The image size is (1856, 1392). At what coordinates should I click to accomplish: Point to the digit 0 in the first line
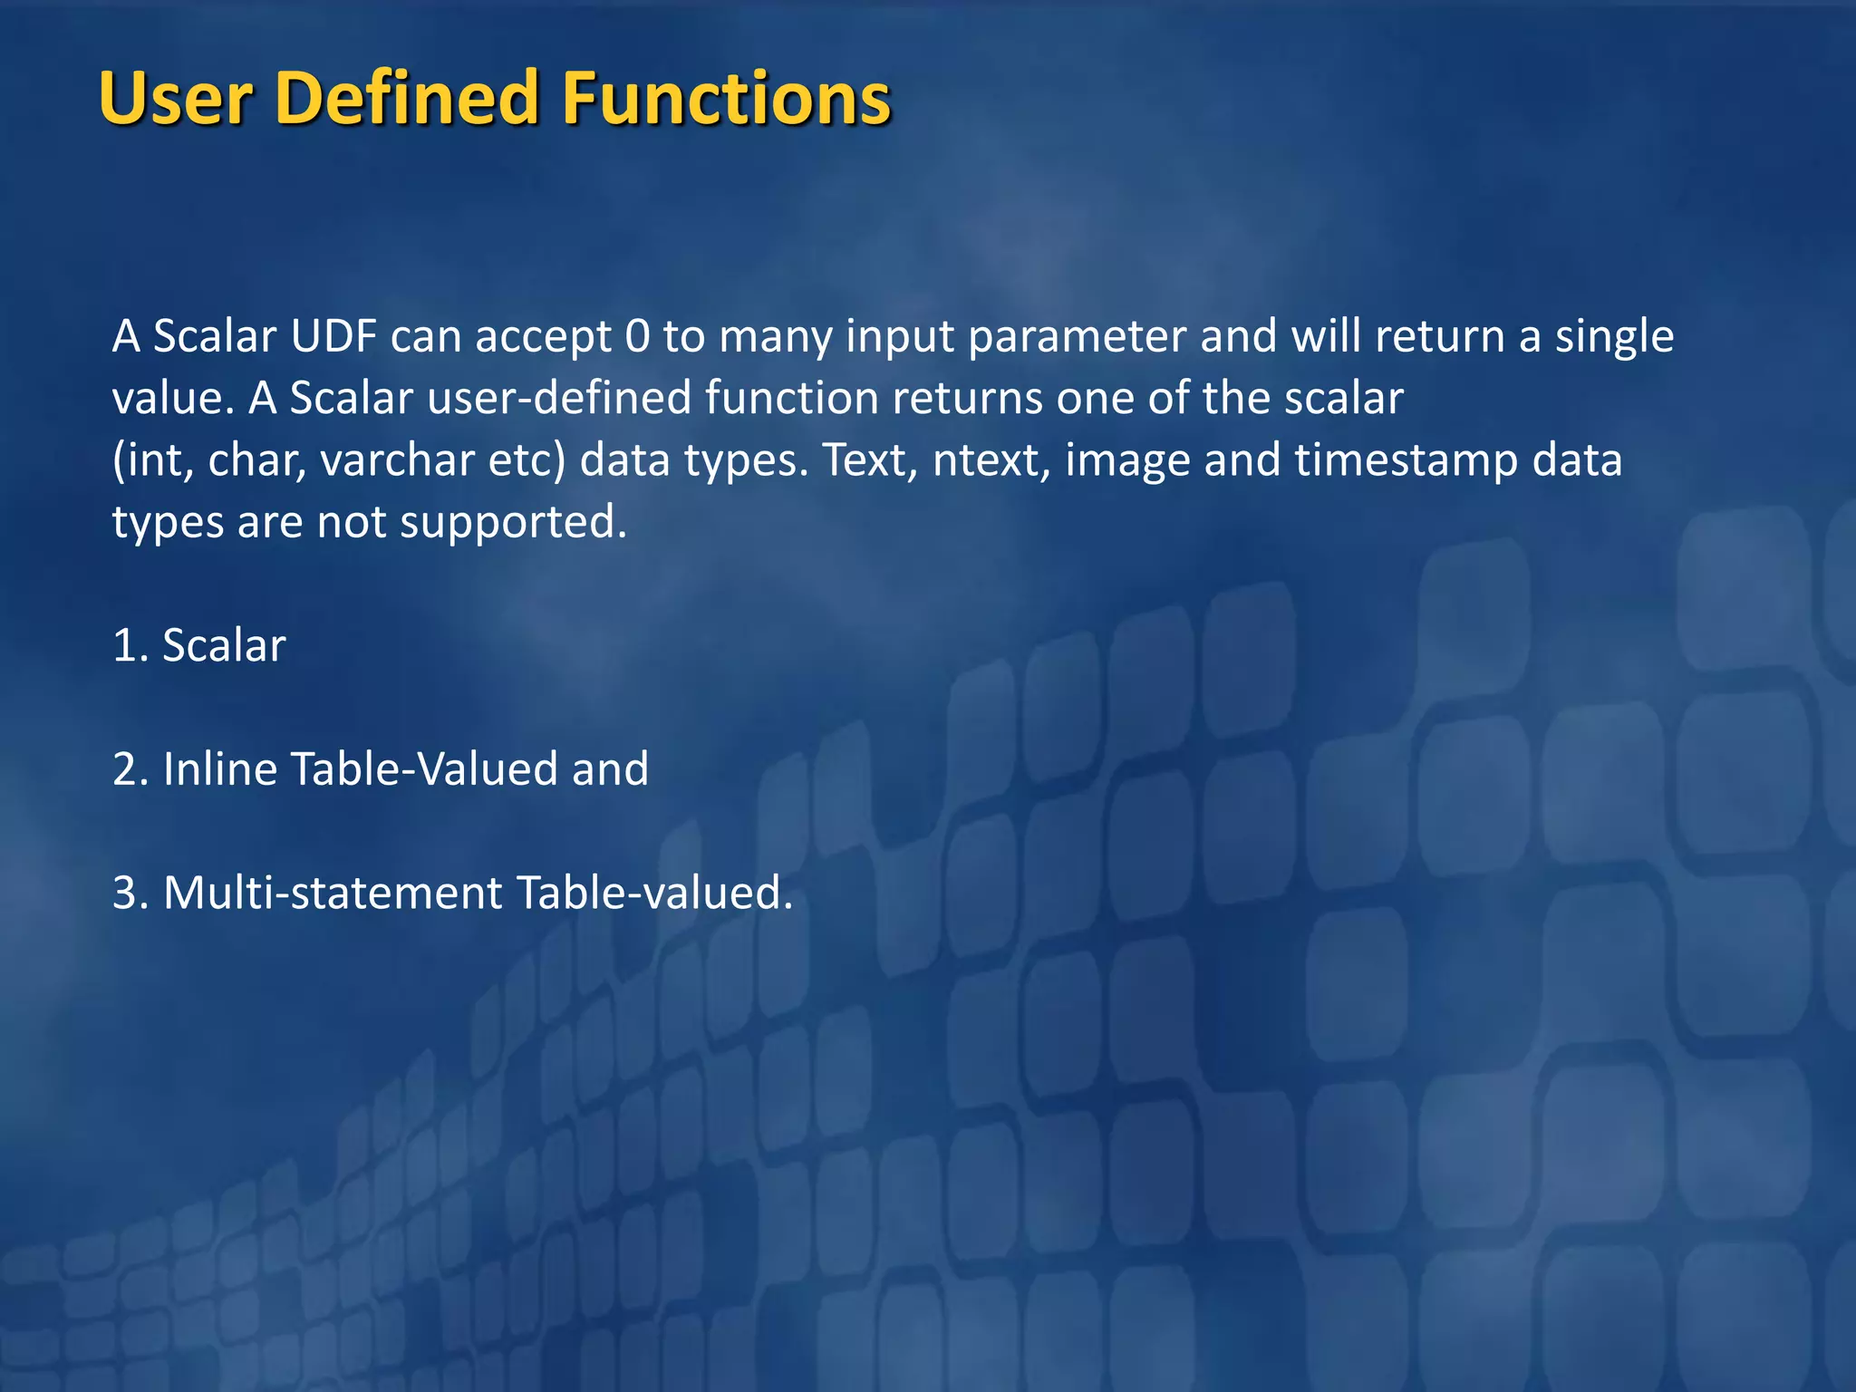[637, 336]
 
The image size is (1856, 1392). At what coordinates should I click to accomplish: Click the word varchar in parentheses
[397, 460]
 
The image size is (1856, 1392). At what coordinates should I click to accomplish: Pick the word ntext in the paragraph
[991, 460]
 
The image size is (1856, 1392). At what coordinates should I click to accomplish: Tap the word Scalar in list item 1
[224, 646]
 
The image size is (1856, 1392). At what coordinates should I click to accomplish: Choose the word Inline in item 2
[219, 769]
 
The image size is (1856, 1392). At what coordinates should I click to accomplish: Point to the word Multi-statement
[333, 893]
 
